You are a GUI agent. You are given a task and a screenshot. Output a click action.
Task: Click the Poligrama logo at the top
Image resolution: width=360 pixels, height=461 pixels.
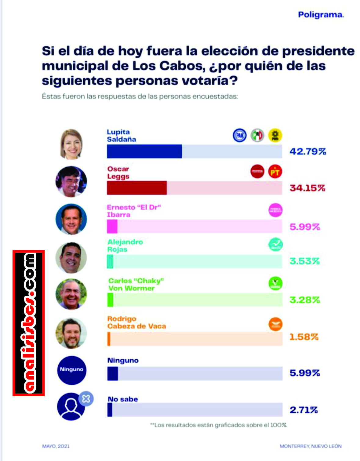pyautogui.click(x=321, y=15)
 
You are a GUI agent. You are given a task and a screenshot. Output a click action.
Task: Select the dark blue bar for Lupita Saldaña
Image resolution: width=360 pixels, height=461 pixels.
pyautogui.click(x=144, y=151)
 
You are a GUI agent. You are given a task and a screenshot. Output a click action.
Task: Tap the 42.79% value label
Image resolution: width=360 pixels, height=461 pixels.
pyautogui.click(x=307, y=151)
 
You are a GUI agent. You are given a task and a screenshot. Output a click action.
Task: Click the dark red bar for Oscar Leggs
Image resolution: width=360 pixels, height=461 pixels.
pyautogui.click(x=136, y=188)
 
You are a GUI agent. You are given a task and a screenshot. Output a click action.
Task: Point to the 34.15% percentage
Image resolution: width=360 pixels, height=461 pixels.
pyautogui.click(x=307, y=188)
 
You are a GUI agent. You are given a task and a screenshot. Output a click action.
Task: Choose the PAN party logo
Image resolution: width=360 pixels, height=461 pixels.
pyautogui.click(x=240, y=135)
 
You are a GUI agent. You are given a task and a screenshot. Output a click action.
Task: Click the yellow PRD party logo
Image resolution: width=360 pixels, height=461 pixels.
pyautogui.click(x=275, y=135)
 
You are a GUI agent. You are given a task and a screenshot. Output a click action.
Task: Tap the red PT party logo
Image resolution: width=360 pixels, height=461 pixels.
pyautogui.click(x=275, y=172)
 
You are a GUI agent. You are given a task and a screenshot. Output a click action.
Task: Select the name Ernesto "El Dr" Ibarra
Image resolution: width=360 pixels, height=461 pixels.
pyautogui.click(x=134, y=211)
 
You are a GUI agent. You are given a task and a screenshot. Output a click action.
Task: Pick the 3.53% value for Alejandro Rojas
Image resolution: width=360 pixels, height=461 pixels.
pyautogui.click(x=304, y=261)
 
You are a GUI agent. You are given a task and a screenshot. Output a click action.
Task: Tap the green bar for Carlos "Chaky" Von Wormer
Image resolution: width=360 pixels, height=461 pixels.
pyautogui.click(x=110, y=300)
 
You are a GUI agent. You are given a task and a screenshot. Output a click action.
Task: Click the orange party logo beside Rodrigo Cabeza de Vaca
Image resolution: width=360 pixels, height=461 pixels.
pyautogui.click(x=275, y=324)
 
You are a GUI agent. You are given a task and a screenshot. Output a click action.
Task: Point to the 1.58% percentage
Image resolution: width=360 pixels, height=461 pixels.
pyautogui.click(x=304, y=337)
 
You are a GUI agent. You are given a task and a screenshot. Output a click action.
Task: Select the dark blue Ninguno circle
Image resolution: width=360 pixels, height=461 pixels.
pyautogui.click(x=71, y=370)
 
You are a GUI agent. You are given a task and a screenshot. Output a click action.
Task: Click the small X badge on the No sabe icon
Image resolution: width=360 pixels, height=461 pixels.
pyautogui.click(x=86, y=399)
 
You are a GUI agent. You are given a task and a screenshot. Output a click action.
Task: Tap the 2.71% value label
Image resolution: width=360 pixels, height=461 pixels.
pyautogui.click(x=304, y=410)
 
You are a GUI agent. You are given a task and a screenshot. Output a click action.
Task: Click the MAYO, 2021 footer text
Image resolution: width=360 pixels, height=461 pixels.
pyautogui.click(x=56, y=446)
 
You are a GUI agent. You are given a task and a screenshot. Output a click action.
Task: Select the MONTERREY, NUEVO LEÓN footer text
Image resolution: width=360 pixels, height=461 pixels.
pyautogui.click(x=311, y=446)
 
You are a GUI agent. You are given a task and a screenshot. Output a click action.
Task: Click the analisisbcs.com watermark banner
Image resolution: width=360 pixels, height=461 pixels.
pyautogui.click(x=29, y=323)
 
